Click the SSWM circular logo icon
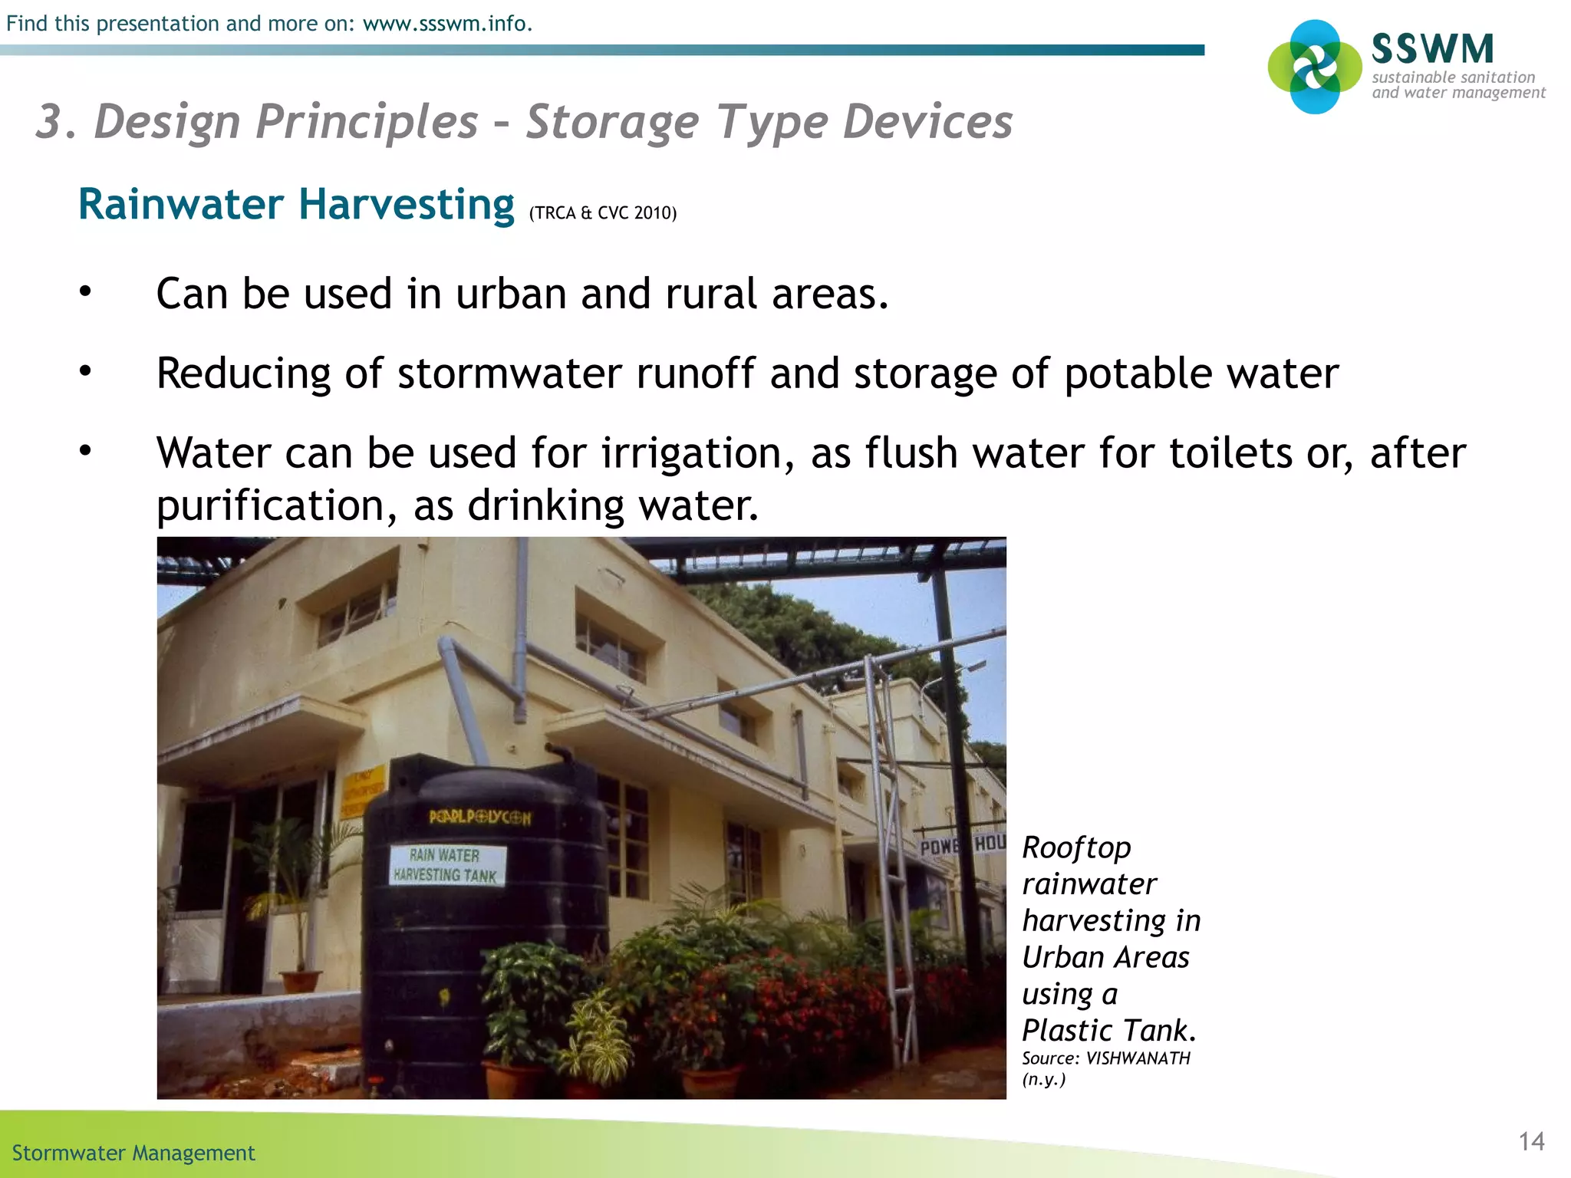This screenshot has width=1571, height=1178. (x=1315, y=67)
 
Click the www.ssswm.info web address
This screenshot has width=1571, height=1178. (x=446, y=24)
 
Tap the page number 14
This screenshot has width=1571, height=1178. (x=1531, y=1141)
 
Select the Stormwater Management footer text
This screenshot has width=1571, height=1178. (x=133, y=1153)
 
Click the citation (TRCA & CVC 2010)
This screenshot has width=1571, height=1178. (x=603, y=213)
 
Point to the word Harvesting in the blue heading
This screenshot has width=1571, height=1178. (x=406, y=205)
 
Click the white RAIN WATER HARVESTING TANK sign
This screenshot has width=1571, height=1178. (x=446, y=865)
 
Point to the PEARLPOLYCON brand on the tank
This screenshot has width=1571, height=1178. (x=479, y=817)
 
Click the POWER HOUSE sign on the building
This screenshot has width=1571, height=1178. (x=962, y=846)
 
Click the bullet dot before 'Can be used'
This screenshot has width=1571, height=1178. (x=85, y=291)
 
